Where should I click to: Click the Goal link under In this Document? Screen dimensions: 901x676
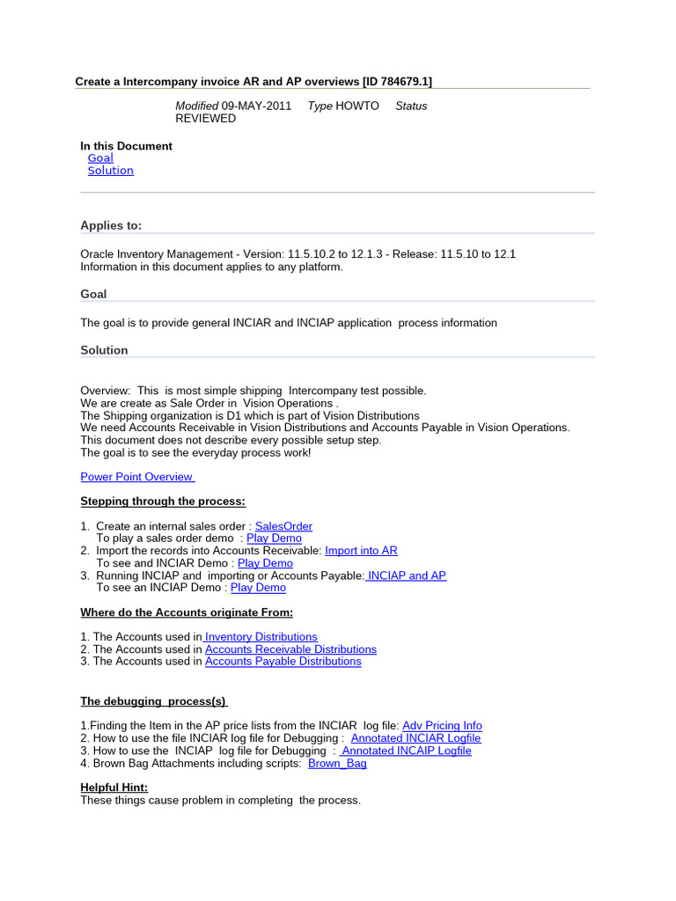tap(100, 158)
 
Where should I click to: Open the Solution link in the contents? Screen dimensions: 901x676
tap(110, 171)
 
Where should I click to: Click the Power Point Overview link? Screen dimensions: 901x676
tap(137, 477)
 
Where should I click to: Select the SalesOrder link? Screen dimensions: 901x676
tap(283, 526)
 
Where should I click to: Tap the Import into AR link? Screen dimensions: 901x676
tap(361, 551)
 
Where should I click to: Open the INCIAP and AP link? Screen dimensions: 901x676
tap(406, 575)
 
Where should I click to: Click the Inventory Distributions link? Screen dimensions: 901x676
tap(261, 637)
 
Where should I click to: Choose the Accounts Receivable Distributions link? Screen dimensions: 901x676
tap(290, 649)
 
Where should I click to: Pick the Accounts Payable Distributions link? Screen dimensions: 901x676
tap(283, 662)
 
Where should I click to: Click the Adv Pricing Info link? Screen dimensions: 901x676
tap(442, 726)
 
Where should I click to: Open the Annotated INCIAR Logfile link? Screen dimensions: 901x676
tap(415, 738)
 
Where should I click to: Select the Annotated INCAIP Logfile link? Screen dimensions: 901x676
tap(406, 751)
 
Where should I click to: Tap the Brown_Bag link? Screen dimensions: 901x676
tap(337, 763)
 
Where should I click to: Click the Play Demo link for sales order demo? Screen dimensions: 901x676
tap(274, 538)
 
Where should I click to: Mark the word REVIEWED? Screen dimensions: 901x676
tap(206, 118)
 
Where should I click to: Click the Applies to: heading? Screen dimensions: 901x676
tap(111, 225)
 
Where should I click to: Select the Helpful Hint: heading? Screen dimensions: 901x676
tap(114, 787)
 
